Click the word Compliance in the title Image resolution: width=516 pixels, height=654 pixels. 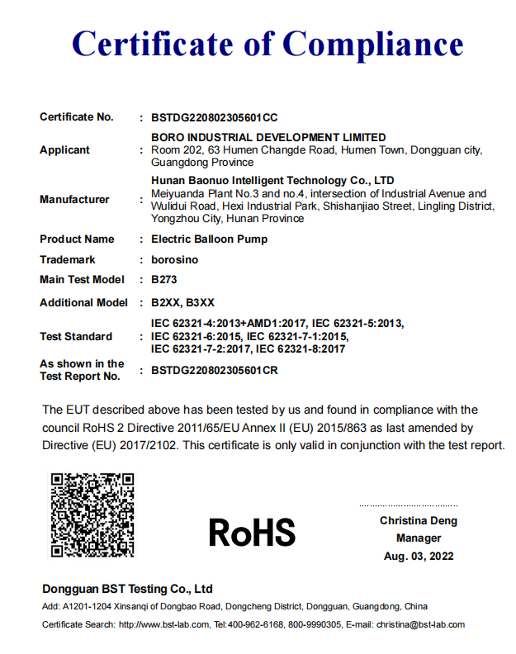point(373,44)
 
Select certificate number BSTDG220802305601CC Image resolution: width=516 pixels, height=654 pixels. point(215,117)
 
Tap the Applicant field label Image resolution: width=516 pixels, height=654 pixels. point(65,150)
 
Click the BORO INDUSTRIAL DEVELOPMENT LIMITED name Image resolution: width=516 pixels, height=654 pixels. point(268,137)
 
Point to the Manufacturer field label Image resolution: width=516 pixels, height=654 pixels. point(74,199)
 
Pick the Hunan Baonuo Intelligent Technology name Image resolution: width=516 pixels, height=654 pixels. point(272,180)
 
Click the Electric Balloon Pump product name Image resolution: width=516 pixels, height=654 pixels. point(210,239)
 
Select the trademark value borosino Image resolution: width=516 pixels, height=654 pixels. point(175,259)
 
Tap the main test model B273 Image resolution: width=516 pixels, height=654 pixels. point(165,280)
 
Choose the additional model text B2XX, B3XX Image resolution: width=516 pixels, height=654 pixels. point(182,303)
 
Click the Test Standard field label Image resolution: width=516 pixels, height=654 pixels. point(76,337)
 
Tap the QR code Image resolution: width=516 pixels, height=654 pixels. point(92,514)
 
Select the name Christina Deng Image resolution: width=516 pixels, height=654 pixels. point(419,521)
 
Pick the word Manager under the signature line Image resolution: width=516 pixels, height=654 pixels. point(419,538)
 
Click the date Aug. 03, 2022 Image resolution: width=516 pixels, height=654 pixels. point(419,557)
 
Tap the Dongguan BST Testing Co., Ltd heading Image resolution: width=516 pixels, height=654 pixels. point(127,589)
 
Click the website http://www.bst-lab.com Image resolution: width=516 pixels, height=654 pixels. point(163,625)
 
